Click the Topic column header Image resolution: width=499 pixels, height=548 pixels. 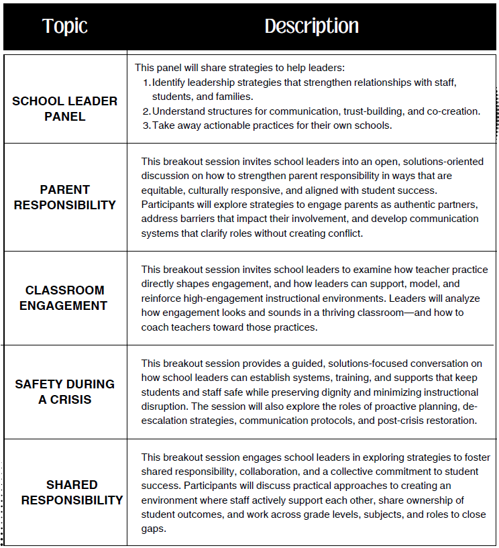pos(65,26)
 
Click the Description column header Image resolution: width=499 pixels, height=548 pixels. pos(311,26)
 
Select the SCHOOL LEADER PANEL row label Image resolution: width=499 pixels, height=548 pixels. pos(65,109)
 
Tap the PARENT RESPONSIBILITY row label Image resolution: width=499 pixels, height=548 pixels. pos(65,197)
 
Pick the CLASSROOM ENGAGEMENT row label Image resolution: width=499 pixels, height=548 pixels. pos(65,298)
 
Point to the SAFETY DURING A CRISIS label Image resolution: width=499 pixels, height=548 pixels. pos(65,392)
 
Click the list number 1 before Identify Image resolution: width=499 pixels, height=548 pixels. pos(147,83)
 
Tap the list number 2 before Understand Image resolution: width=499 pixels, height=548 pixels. pos(147,111)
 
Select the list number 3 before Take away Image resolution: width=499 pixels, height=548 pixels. pos(147,125)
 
